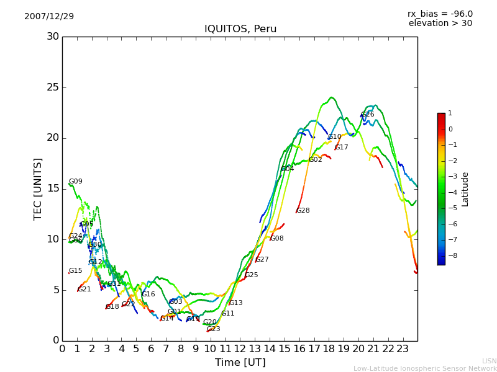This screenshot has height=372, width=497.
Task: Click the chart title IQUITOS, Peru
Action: (x=240, y=29)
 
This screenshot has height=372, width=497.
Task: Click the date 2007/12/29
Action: (x=49, y=16)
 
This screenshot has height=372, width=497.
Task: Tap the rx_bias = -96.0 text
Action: (x=440, y=14)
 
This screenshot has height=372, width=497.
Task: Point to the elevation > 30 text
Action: (x=440, y=24)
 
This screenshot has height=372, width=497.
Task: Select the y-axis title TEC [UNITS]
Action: (x=38, y=188)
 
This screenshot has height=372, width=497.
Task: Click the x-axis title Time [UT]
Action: (x=240, y=362)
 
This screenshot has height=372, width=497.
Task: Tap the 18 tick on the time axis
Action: (x=329, y=348)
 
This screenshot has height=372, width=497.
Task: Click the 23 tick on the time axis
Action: (x=403, y=348)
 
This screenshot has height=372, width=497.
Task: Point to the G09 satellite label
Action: (x=75, y=182)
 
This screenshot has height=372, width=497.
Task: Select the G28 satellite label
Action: (x=303, y=211)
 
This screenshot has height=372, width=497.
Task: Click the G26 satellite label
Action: (x=367, y=115)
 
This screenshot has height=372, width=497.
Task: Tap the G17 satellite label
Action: (x=341, y=148)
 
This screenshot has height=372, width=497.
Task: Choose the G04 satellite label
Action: (x=287, y=169)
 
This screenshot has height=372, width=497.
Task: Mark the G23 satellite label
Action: (x=213, y=329)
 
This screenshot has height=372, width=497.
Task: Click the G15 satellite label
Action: (x=75, y=271)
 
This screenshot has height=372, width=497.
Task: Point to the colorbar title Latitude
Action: (x=465, y=189)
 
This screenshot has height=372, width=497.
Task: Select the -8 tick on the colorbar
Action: (x=450, y=255)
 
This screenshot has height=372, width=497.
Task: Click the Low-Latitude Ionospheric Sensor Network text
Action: (x=425, y=368)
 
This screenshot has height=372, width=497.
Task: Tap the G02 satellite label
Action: (x=315, y=160)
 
